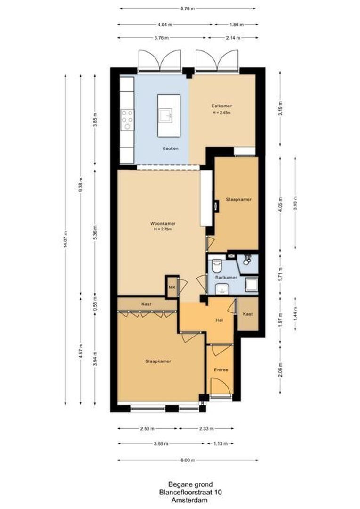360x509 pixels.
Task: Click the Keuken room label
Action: click(x=170, y=148)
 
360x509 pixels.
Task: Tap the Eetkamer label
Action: click(x=221, y=107)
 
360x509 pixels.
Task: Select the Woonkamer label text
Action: click(x=160, y=223)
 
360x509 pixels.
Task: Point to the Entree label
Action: click(x=221, y=370)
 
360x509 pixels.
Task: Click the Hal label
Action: click(x=219, y=320)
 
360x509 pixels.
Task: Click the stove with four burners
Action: click(x=127, y=120)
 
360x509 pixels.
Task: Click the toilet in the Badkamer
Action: click(x=217, y=267)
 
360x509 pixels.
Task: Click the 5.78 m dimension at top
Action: click(x=187, y=8)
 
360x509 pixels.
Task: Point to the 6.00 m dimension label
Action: click(x=188, y=460)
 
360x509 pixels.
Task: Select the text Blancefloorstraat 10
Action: click(x=190, y=492)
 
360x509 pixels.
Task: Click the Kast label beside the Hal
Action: click(x=248, y=314)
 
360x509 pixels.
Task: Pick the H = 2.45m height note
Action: click(x=221, y=113)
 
